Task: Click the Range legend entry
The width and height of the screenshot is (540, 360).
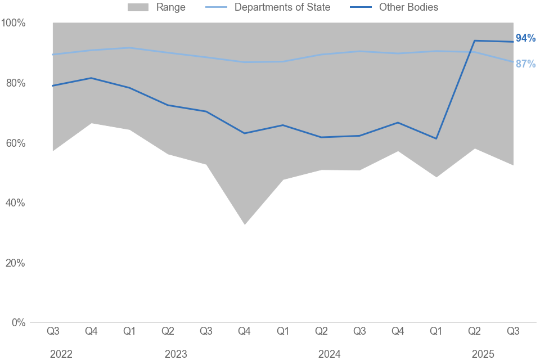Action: pos(170,7)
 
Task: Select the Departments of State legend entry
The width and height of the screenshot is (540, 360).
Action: pos(282,7)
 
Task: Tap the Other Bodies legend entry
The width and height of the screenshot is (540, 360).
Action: pos(408,7)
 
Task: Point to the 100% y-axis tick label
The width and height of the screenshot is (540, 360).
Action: pos(13,23)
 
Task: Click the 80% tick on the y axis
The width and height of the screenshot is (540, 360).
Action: pos(16,83)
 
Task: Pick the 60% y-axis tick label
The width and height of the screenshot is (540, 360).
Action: pos(16,143)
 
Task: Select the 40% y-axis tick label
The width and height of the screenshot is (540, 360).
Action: pos(16,203)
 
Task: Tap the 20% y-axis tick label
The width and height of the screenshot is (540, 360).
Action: pos(16,263)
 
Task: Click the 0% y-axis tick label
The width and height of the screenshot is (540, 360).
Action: pos(18,323)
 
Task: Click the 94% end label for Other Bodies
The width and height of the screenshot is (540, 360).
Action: pos(525,38)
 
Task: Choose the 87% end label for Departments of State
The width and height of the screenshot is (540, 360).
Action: pos(525,64)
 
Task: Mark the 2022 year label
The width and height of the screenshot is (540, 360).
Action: pos(61,354)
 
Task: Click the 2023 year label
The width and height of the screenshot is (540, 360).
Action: pos(176,354)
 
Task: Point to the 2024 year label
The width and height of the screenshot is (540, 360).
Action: pos(329,354)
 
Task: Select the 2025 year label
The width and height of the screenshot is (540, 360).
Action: pos(483,354)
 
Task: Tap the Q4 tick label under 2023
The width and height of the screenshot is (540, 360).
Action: pos(244,331)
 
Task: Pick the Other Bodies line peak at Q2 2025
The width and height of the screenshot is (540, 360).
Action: pos(475,40)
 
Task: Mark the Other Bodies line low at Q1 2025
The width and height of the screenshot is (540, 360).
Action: pos(436,138)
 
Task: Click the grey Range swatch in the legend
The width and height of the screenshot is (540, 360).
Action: pos(138,7)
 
